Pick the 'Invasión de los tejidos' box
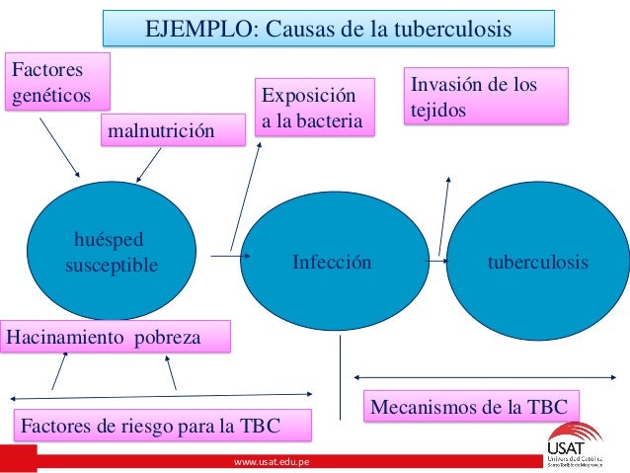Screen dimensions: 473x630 click(x=487, y=96)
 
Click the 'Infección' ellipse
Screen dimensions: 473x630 click(x=332, y=263)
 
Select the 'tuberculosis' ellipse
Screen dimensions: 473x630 click(x=538, y=262)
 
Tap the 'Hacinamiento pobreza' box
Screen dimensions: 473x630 click(x=117, y=337)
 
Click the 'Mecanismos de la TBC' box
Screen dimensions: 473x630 click(x=473, y=405)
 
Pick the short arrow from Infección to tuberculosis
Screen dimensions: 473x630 click(x=434, y=263)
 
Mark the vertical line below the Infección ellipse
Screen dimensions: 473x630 click(x=341, y=364)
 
